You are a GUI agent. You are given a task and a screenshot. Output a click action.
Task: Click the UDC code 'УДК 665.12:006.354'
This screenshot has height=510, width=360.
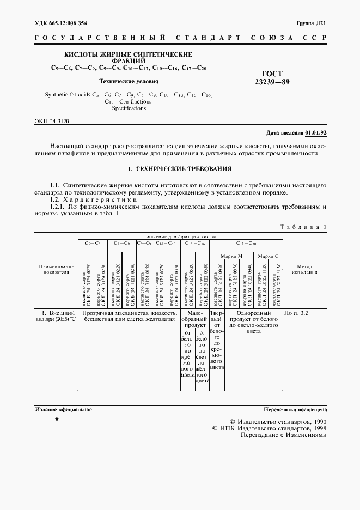click(x=60, y=23)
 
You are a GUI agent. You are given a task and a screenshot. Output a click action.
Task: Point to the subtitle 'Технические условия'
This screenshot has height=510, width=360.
click(x=129, y=81)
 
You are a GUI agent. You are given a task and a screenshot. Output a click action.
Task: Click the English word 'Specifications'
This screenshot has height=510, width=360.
click(x=129, y=108)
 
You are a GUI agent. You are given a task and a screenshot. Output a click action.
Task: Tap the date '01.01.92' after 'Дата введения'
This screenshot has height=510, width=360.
click(x=316, y=132)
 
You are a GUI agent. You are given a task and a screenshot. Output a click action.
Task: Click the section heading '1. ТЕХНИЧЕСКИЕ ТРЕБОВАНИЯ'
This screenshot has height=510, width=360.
click(x=180, y=169)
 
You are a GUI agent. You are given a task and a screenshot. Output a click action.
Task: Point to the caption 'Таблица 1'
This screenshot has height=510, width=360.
click(x=303, y=226)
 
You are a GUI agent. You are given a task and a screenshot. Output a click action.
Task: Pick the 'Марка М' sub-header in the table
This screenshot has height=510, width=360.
click(x=231, y=256)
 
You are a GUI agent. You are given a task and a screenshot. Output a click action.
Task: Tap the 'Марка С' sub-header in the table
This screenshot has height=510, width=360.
click(x=268, y=256)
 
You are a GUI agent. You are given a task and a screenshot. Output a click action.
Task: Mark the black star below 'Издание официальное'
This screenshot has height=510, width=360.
click(x=57, y=419)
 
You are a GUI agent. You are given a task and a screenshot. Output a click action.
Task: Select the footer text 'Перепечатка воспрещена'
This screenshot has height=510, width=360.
click(x=295, y=409)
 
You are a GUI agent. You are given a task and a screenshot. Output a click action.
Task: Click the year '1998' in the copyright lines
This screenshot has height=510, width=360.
click(x=316, y=428)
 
